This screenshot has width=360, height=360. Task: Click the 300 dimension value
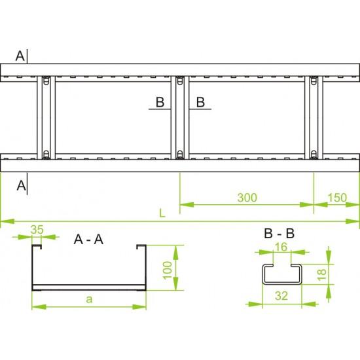point(247,198)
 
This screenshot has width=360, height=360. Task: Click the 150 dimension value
point(337,198)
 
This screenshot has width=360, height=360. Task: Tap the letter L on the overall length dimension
point(162,213)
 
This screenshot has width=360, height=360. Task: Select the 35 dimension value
point(37,229)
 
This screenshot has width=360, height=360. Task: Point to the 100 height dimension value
point(167,270)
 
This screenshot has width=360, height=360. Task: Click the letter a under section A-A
point(89,299)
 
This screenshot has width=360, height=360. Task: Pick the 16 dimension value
point(281,247)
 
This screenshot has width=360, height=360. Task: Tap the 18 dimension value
point(321,274)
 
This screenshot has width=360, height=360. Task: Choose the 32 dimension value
point(281,296)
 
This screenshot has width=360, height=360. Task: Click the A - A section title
point(88,240)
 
